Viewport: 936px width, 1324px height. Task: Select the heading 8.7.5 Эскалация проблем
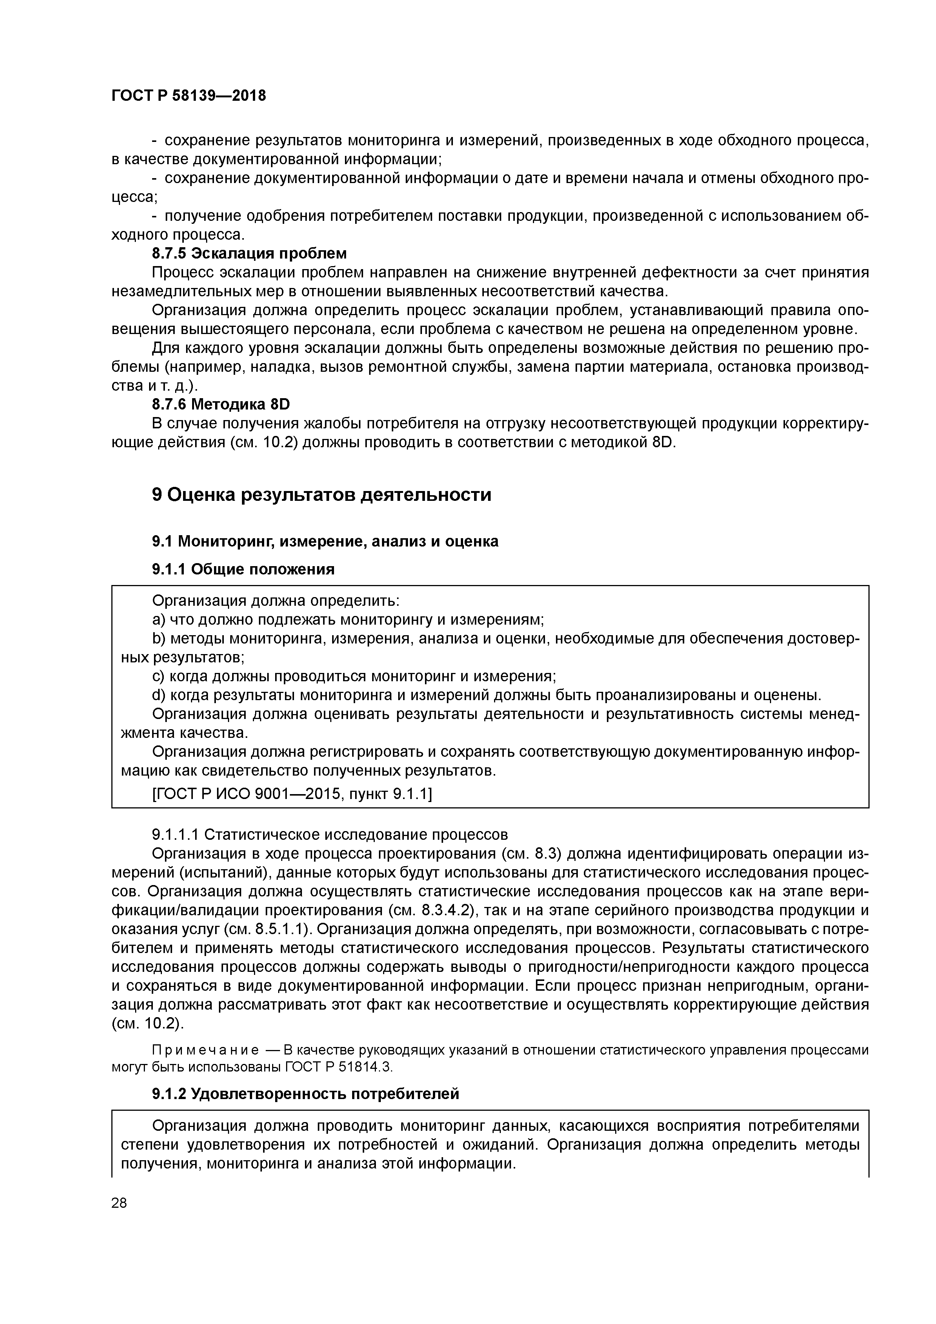pyautogui.click(x=249, y=253)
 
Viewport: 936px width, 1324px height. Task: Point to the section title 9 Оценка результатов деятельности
pyautogui.click(x=321, y=494)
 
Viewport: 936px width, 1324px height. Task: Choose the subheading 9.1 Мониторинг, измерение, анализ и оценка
pyautogui.click(x=325, y=541)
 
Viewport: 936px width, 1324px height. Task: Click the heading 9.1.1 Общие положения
pyautogui.click(x=243, y=569)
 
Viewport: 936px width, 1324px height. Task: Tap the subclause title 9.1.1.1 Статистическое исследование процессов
pyautogui.click(x=329, y=834)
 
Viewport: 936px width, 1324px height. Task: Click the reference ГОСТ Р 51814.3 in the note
pyautogui.click(x=338, y=1067)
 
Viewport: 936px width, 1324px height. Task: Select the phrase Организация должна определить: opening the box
pyautogui.click(x=276, y=600)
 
